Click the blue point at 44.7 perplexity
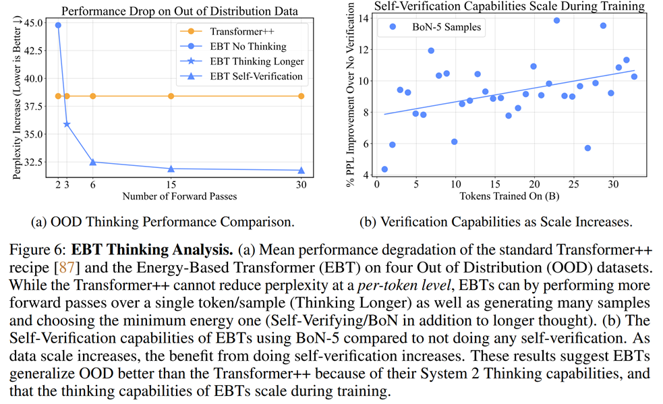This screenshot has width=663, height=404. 58,25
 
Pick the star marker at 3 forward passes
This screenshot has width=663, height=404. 67,124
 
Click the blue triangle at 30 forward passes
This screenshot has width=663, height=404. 301,171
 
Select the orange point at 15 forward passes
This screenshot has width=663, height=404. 171,96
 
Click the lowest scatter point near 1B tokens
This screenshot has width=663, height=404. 384,169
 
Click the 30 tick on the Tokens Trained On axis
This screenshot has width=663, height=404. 612,185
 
